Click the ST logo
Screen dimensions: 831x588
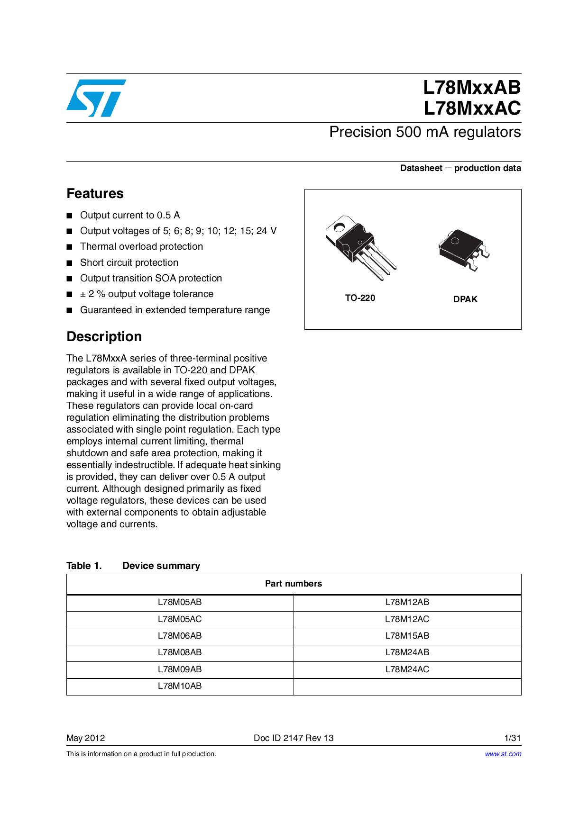96,98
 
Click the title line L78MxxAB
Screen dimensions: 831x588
472,88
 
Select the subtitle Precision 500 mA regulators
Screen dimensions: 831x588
425,132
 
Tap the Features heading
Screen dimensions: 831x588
95,193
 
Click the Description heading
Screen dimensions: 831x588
104,336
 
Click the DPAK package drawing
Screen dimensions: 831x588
464,250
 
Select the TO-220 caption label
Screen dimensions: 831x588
360,298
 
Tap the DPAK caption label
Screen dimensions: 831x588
465,299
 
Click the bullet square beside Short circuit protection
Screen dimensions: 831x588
70,263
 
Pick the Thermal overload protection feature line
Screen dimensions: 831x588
141,246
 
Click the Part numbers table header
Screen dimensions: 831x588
294,584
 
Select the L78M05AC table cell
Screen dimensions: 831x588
180,619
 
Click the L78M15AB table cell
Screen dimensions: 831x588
407,636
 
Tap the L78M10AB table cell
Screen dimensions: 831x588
180,686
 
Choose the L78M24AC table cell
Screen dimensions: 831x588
407,669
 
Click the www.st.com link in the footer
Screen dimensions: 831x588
503,754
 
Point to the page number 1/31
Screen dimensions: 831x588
512,738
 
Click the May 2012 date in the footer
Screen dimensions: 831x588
86,738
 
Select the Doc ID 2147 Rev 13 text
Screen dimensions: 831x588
294,738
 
